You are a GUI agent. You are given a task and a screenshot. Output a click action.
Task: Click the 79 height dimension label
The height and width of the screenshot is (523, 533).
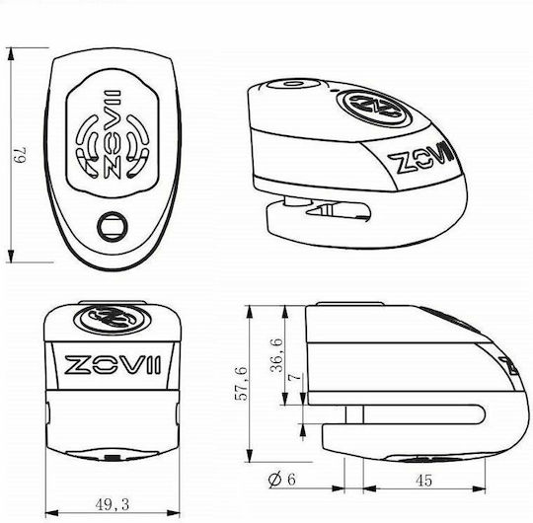tap(21, 155)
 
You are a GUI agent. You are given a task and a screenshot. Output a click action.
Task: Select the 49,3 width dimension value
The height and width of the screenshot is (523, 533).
tap(113, 504)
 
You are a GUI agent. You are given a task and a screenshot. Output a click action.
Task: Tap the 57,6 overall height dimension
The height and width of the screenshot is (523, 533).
tap(242, 383)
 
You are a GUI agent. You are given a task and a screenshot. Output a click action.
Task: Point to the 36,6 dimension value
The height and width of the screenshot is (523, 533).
tap(277, 354)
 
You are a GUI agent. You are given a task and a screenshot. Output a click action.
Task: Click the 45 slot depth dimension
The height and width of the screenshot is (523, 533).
tap(423, 481)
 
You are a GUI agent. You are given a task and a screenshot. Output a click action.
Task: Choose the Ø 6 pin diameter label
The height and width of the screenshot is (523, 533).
tap(281, 480)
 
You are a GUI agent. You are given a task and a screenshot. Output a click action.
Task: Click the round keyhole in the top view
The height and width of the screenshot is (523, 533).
tap(113, 226)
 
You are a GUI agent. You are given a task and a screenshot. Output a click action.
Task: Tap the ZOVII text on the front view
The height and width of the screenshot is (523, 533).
tap(113, 365)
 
